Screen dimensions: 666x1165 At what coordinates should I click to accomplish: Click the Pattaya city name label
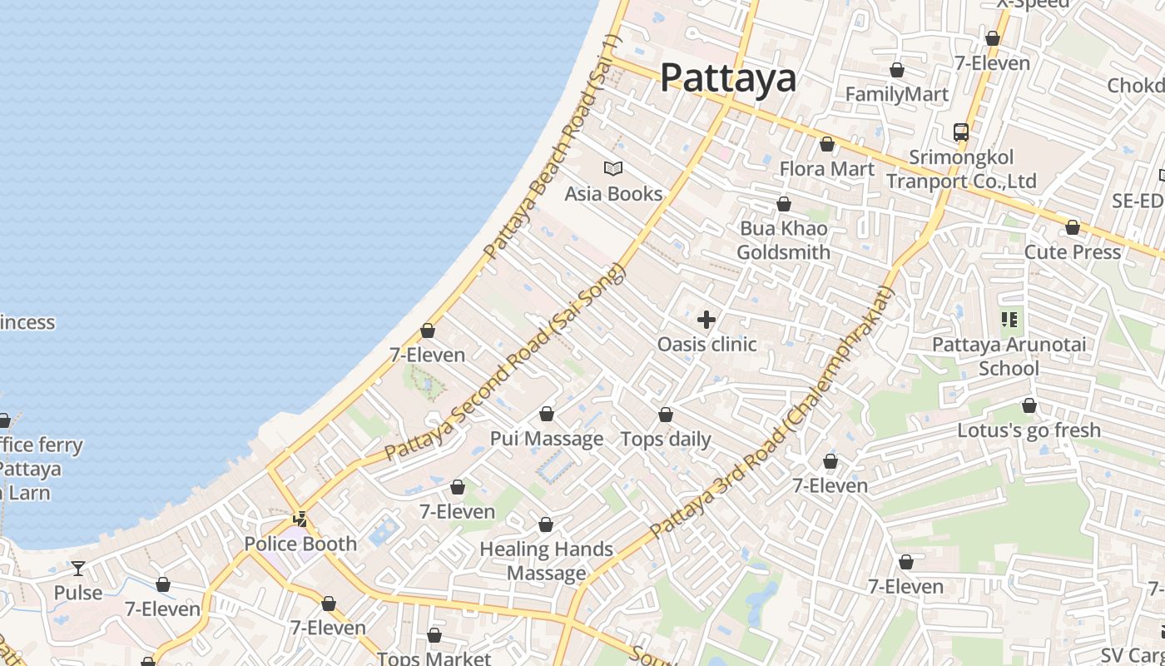[x=728, y=78]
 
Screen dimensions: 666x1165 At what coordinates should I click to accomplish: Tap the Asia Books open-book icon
[x=613, y=169]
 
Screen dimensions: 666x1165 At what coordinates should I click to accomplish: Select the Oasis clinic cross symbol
[x=706, y=320]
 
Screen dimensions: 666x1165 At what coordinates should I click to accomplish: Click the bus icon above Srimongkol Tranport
[x=961, y=132]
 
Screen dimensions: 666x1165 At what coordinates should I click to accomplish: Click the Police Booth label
[x=300, y=544]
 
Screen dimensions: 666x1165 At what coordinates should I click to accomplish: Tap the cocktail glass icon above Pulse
[x=78, y=569]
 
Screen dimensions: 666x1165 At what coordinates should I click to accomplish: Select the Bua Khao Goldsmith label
[x=783, y=240]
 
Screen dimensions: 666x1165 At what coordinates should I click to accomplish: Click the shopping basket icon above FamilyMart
[x=897, y=70]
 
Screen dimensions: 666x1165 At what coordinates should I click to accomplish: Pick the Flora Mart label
[x=826, y=169]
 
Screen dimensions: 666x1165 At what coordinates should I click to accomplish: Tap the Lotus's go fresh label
[x=1029, y=430]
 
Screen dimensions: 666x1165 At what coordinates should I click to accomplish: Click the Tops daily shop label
[x=666, y=439]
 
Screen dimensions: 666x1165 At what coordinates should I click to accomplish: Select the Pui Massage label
[x=547, y=439]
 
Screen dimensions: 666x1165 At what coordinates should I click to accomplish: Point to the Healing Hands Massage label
[x=547, y=561]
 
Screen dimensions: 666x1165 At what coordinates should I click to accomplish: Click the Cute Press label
[x=1072, y=251]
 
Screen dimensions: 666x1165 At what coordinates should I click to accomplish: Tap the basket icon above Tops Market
[x=434, y=636]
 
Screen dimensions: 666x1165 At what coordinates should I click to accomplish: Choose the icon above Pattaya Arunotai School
[x=1009, y=319]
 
